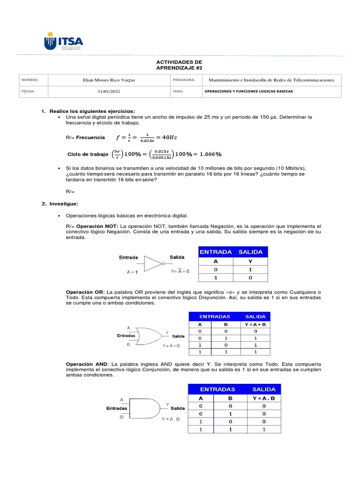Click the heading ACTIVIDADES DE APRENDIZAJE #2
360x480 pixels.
tap(179, 65)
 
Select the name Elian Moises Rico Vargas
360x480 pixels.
tap(108, 80)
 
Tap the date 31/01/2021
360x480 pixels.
tap(108, 91)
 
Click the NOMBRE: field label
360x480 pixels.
tap(28, 80)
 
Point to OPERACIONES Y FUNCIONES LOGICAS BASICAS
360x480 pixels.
tap(249, 91)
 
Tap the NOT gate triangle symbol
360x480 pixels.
tap(153, 263)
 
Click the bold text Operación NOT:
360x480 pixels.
tap(97, 226)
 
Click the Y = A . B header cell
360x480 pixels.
tap(264, 398)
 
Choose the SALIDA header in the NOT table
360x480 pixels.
tap(250, 252)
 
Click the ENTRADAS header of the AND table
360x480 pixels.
tap(217, 389)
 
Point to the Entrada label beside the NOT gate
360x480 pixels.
tap(128, 257)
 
